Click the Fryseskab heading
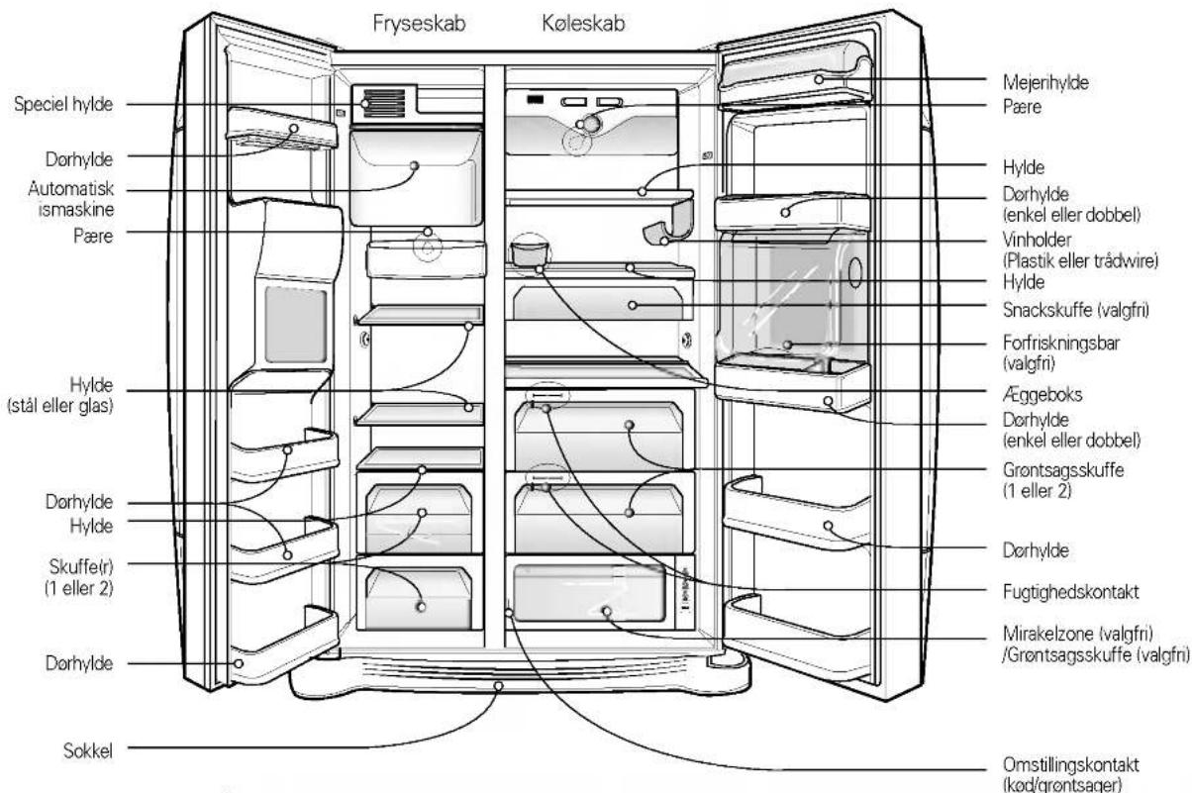[x=419, y=24]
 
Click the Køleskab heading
[x=583, y=24]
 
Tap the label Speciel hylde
[x=63, y=104]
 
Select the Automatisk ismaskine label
[x=71, y=199]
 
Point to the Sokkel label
[x=88, y=751]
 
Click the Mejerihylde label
[x=1045, y=82]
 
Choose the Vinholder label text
[x=1037, y=240]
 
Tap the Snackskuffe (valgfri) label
[x=1076, y=310]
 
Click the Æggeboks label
[x=1043, y=394]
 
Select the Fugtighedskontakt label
[x=1070, y=592]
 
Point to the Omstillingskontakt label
[x=1070, y=765]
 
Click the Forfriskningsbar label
[x=1061, y=343]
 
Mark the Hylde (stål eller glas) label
[x=60, y=395]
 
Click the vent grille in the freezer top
[x=384, y=103]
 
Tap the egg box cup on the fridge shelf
[x=530, y=253]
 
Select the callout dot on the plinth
[x=498, y=686]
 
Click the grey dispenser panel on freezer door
[x=296, y=325]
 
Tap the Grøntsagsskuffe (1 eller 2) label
[x=1063, y=480]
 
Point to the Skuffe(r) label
[x=79, y=577]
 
